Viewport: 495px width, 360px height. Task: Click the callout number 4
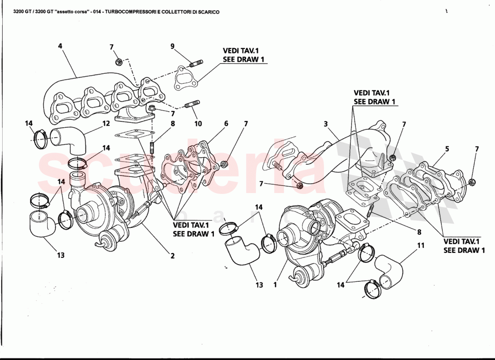(60, 45)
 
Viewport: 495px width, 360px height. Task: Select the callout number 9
(172, 46)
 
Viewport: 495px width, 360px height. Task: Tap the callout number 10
(198, 123)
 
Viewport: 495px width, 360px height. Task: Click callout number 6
(226, 123)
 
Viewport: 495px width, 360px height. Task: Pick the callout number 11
(421, 245)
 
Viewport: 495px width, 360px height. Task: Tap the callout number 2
(172, 256)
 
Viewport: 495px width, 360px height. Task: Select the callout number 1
(275, 284)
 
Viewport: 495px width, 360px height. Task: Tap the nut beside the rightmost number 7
(472, 182)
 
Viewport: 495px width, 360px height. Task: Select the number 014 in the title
(95, 12)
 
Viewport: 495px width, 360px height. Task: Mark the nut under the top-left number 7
(118, 62)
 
